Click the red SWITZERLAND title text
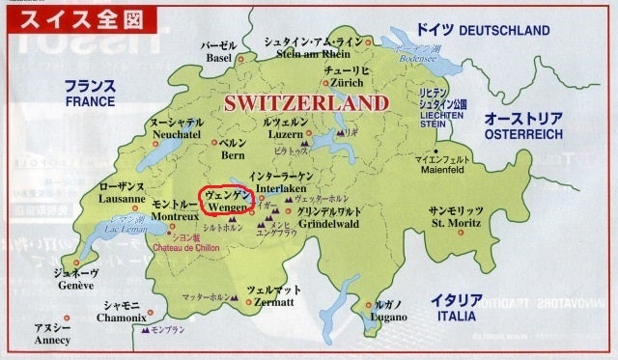click(307, 103)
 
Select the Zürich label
click(345, 84)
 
